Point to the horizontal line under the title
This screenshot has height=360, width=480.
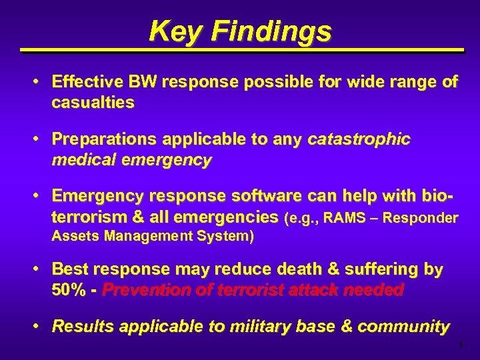[x=240, y=51]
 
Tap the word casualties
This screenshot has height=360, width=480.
[x=93, y=102]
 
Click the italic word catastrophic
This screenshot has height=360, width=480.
[x=359, y=139]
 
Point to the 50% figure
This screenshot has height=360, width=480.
[x=68, y=290]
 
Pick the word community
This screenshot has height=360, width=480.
[x=403, y=327]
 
